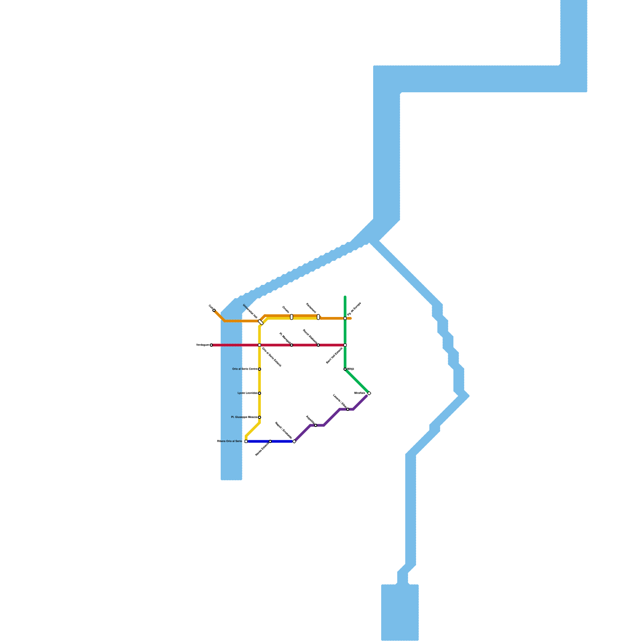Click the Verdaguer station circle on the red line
211,345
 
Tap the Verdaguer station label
203,345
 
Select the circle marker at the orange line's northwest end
214,310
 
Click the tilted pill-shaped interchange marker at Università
261,322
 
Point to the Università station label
250,311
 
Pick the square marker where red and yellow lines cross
260,345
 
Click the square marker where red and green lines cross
345,345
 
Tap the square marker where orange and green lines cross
345,319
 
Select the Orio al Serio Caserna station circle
260,369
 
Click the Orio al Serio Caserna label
245,369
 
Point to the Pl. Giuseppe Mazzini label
244,417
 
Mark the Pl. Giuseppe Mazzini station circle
260,417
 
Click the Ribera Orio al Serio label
230,441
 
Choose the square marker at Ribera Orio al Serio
246,441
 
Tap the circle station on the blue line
270,441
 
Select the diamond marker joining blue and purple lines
295,441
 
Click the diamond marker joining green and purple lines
369,393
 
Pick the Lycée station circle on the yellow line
260,393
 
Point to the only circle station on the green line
345,369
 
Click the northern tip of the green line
345,297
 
